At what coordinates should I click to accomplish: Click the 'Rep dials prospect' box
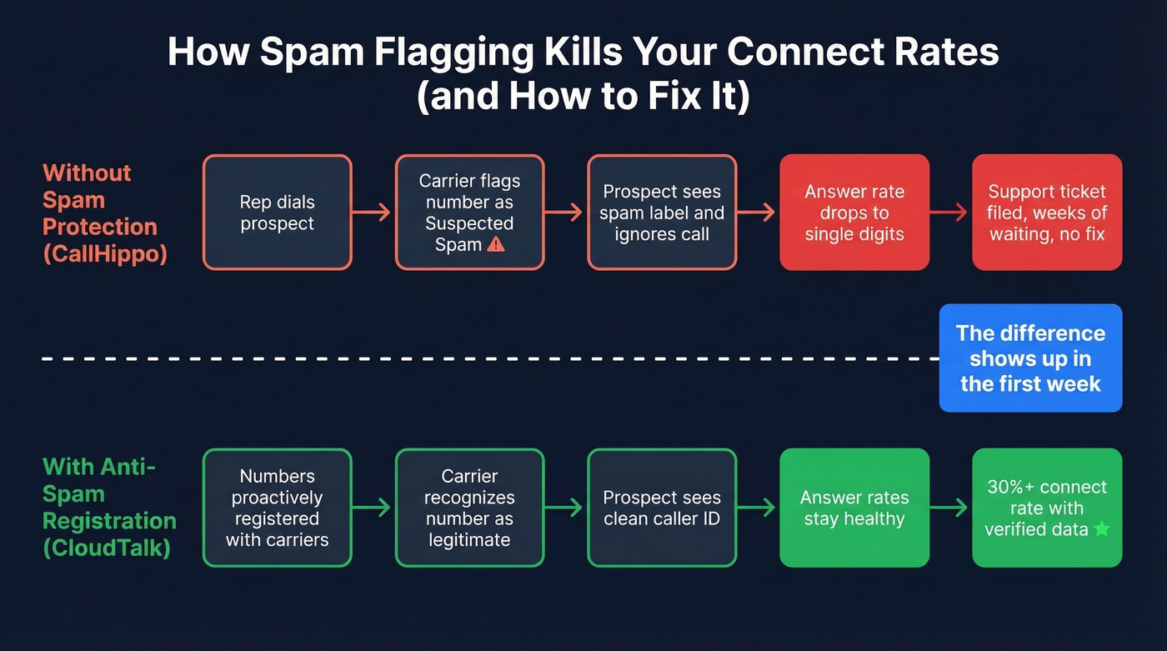(x=277, y=213)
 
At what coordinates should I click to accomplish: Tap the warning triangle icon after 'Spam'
(x=495, y=244)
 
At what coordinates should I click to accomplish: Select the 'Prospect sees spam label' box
(x=661, y=213)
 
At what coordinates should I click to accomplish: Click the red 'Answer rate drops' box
(x=854, y=213)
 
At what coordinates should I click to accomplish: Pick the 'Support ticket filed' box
(x=1046, y=213)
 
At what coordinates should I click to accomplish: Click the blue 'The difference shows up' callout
(x=1030, y=358)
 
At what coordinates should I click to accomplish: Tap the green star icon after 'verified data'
(x=1101, y=528)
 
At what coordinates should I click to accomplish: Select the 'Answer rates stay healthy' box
(x=854, y=508)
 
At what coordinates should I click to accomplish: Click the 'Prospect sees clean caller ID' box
(x=661, y=508)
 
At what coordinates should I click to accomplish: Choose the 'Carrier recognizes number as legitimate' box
(x=469, y=508)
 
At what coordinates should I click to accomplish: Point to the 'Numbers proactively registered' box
(x=277, y=508)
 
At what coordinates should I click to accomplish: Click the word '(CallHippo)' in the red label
(x=105, y=253)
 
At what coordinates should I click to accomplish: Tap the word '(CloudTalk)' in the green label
(x=106, y=548)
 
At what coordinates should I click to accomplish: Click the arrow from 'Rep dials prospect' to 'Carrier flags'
(x=373, y=213)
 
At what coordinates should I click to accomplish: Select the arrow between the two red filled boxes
(x=949, y=213)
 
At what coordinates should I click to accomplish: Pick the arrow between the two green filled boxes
(x=949, y=508)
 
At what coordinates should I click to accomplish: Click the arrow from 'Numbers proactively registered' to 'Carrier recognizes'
(x=373, y=508)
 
